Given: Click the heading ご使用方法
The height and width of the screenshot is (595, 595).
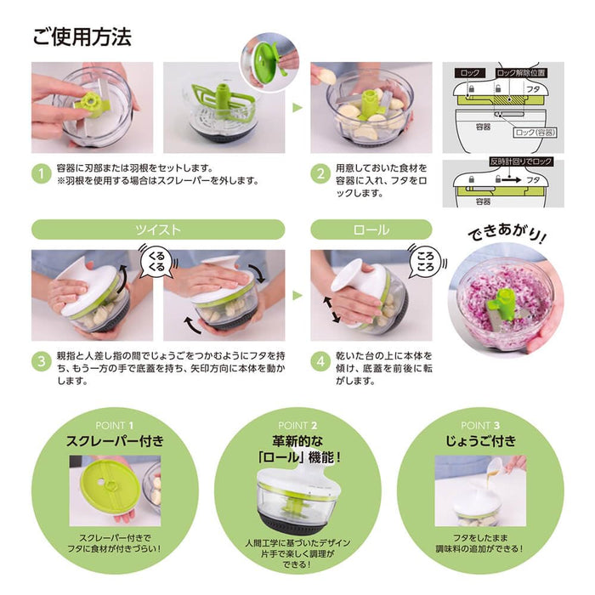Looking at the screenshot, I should point(82,38).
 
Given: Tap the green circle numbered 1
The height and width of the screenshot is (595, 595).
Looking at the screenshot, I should point(40,173).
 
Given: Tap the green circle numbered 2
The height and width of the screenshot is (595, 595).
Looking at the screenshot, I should point(319,173).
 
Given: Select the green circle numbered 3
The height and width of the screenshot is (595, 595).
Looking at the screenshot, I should point(40,360).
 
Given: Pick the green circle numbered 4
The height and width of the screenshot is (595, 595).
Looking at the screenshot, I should point(319,360).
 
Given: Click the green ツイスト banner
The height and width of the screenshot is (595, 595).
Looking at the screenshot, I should point(158,229).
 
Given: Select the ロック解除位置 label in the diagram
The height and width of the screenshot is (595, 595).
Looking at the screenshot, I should point(521,74).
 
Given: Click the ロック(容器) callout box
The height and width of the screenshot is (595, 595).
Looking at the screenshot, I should point(532,133).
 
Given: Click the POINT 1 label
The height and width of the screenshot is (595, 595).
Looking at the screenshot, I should point(114,425).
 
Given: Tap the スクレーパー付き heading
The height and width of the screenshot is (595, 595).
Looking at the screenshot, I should point(114,441).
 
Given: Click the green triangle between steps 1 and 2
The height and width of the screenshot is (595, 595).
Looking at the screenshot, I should point(297,108).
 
